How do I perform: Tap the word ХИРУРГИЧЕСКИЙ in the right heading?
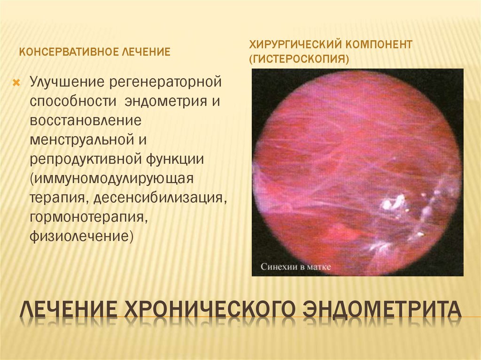[x=295, y=45]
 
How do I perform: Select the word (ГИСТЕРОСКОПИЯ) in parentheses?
[x=299, y=59]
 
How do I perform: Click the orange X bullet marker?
[x=16, y=83]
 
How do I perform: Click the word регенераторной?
[x=165, y=82]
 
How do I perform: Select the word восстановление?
[x=85, y=120]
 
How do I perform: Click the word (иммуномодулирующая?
[x=111, y=179]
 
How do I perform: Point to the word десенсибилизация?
[x=160, y=198]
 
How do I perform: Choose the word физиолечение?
[x=81, y=237]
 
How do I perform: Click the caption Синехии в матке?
[x=296, y=267]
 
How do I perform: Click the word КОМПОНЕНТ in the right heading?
[x=379, y=45]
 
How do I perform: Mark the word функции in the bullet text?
[x=175, y=159]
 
